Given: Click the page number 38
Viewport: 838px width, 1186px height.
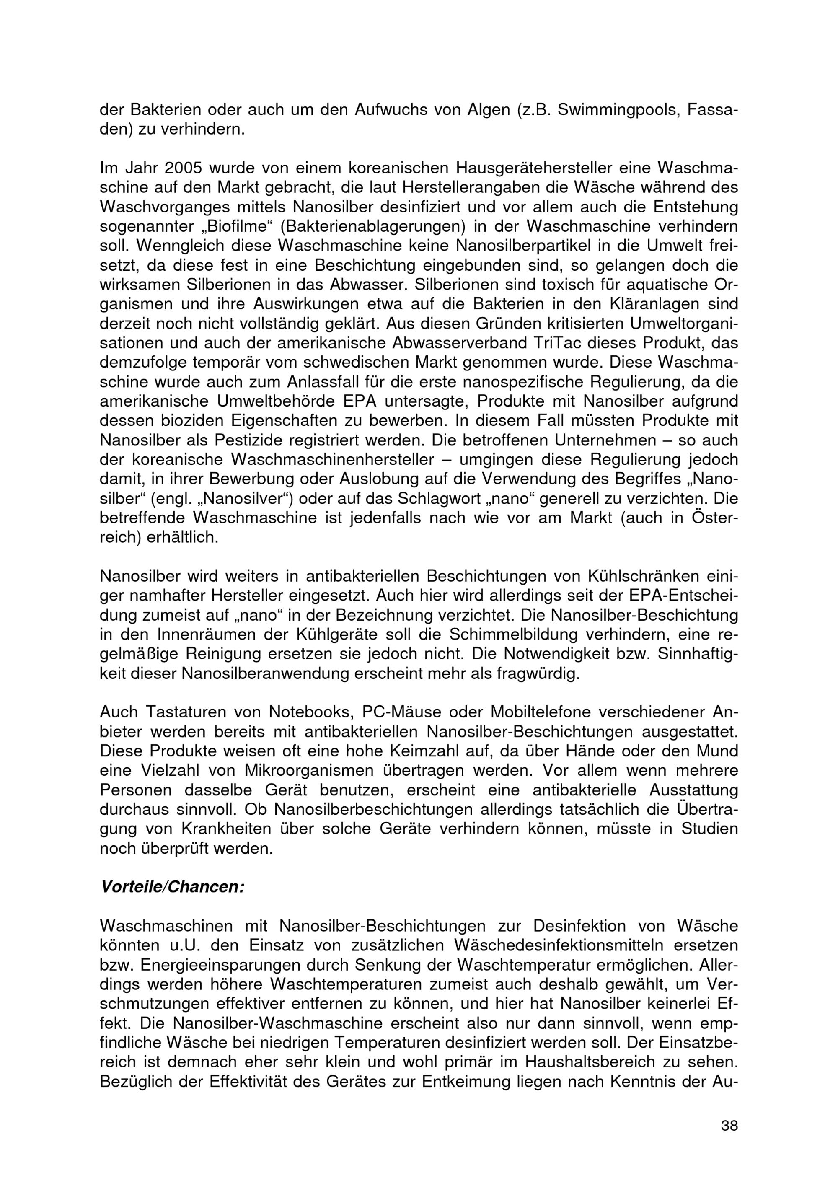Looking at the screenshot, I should (x=729, y=1126).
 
